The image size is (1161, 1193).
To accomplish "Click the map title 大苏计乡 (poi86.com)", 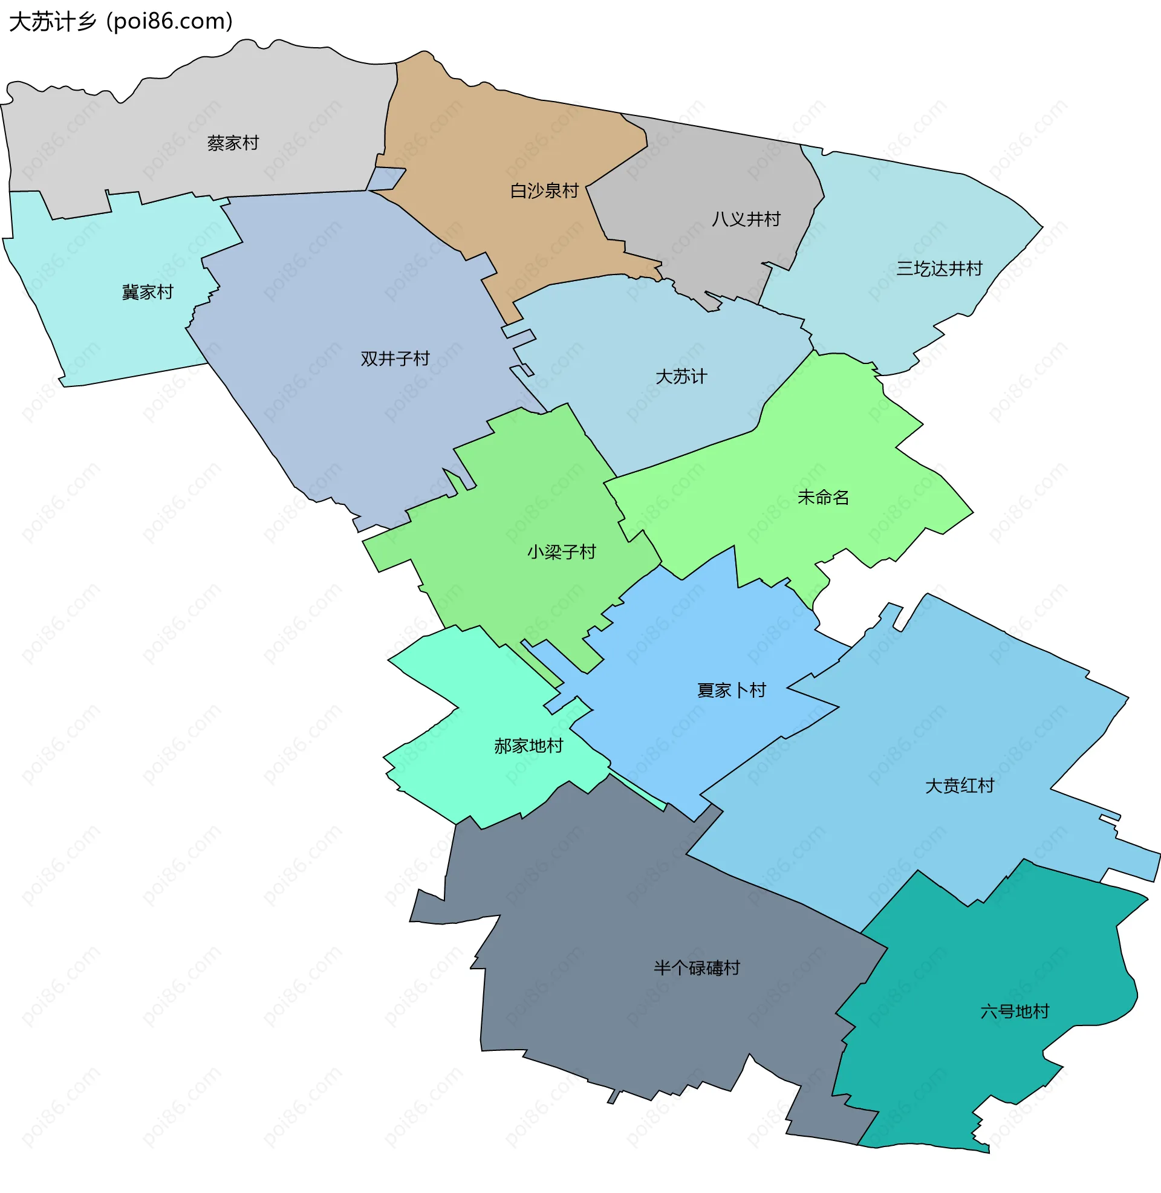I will pos(121,22).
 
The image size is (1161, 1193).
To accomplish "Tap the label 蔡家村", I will pos(233,143).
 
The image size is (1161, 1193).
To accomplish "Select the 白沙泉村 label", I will pos(544,191).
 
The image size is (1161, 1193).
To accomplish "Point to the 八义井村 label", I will pos(746,219).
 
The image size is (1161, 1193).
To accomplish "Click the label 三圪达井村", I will pos(939,269).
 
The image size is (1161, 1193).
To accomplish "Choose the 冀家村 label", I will pos(148,293).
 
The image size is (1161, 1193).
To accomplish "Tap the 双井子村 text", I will pos(395,359).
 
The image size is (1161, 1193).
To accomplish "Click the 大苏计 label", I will pos(681,377).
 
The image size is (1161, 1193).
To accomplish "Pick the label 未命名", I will pos(823,498).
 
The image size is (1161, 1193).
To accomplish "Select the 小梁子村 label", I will pos(562,552).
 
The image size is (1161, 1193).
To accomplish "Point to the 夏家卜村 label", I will pos(731,691).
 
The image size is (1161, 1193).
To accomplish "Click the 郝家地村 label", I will pos(528,746).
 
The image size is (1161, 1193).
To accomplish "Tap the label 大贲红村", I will pos(959,786).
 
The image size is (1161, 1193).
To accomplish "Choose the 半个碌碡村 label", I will pos(697,968).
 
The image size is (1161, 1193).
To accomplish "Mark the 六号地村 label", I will pos(1015,1012).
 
